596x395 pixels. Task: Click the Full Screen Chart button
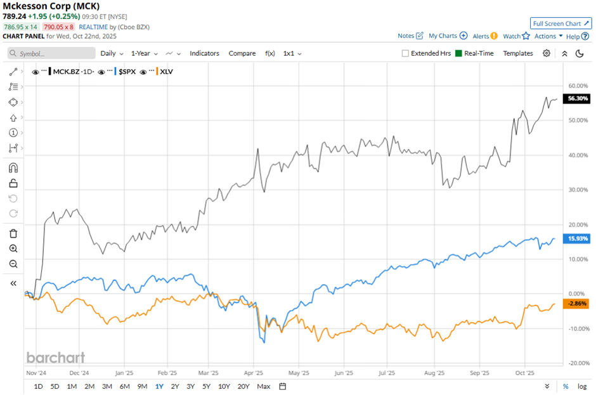(561, 23)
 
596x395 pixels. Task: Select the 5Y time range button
(207, 386)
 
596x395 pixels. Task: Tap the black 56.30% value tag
(578, 99)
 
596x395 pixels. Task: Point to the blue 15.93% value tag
(578, 238)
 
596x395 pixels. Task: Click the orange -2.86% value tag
(578, 304)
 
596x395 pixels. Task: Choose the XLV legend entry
(166, 72)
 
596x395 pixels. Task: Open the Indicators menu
(204, 53)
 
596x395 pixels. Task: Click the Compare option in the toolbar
(242, 53)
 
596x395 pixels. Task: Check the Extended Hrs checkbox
(406, 54)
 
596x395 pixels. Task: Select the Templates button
(518, 53)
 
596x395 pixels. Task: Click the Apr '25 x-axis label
(254, 373)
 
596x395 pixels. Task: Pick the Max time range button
(264, 386)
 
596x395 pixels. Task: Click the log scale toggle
(582, 386)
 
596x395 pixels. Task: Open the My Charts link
(448, 36)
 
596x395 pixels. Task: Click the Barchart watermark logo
(56, 358)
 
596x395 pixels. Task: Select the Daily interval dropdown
(111, 53)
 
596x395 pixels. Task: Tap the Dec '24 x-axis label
(79, 373)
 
